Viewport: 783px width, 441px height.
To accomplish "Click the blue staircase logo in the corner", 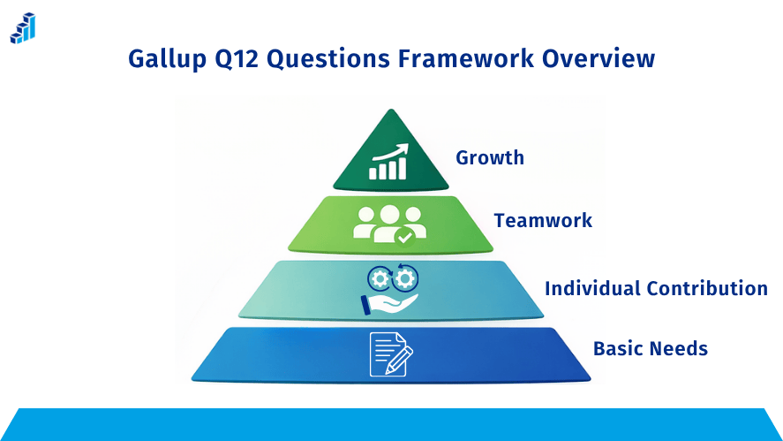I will point(23,28).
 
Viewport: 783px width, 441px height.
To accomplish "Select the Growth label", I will point(489,158).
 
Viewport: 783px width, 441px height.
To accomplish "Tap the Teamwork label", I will point(543,220).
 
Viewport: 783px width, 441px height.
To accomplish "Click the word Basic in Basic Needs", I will point(619,348).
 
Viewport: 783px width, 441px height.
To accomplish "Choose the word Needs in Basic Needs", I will point(680,348).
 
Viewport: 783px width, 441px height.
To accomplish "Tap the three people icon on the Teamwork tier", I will point(388,223).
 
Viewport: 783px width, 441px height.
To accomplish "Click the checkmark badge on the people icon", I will point(404,236).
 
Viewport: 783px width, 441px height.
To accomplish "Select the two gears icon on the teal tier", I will point(392,278).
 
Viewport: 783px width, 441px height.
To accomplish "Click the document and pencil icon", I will point(390,354).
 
